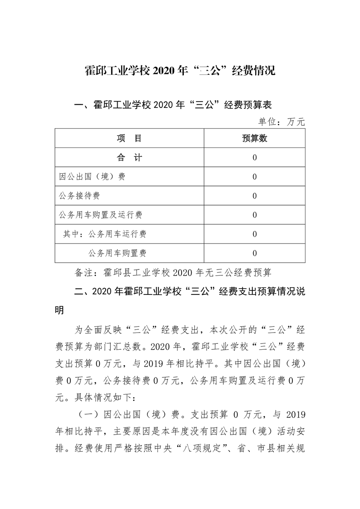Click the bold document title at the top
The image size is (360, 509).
coord(180,71)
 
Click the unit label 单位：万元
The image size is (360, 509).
coord(281,122)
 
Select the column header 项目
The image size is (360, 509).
coord(129,138)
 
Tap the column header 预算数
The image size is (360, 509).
coord(254,138)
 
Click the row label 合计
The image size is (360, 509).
coord(129,157)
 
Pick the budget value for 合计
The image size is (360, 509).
coord(255,158)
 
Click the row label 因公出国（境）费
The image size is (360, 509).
coord(92,177)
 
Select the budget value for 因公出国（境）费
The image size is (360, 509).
coord(255,177)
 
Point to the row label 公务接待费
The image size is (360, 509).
coord(79,196)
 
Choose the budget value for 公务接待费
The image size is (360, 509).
coord(255,196)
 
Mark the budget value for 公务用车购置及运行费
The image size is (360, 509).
coord(255,215)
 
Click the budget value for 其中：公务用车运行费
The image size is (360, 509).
coord(255,234)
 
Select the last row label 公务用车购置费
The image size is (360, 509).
coord(117,253)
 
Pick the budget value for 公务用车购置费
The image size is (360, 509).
coord(255,253)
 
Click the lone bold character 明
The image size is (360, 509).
coord(59,311)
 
